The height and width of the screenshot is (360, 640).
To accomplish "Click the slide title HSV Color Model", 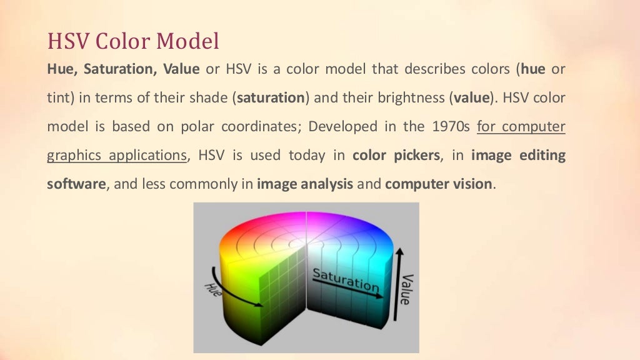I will click(133, 41).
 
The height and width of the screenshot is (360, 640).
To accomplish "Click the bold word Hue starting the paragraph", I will click(60, 69).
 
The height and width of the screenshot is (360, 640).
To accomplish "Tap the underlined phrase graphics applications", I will click(117, 156).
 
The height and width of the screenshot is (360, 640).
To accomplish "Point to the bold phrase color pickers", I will click(395, 156).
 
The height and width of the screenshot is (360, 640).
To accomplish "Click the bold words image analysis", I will click(305, 184).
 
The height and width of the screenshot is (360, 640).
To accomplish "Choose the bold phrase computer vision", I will click(439, 184).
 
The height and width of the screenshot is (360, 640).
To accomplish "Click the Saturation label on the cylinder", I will click(346, 279).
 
